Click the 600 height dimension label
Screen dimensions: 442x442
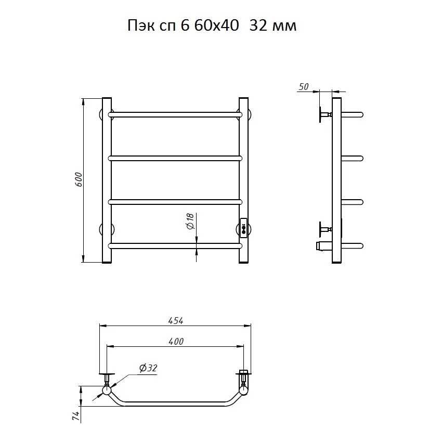tap(79, 179)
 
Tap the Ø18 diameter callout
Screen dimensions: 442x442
tap(190, 222)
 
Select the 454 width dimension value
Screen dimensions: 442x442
tap(176, 321)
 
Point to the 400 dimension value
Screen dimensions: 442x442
tap(176, 342)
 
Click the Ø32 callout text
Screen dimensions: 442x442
tap(148, 368)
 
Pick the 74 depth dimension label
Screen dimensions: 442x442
tap(76, 415)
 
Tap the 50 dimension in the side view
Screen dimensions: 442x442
tap(303, 87)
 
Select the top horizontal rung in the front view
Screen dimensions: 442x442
tap(175, 115)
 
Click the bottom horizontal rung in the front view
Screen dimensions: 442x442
tap(175, 246)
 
